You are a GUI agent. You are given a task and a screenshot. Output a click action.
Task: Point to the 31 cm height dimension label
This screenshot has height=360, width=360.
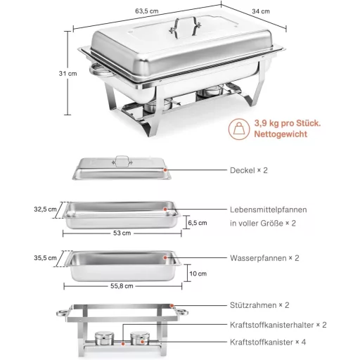[x=67, y=73]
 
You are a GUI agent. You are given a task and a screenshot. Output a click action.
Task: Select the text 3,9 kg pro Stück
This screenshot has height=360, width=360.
[x=288, y=123]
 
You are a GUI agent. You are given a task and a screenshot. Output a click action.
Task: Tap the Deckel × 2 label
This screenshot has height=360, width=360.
[x=249, y=170]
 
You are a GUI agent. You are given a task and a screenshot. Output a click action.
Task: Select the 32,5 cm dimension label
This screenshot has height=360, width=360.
[x=45, y=209]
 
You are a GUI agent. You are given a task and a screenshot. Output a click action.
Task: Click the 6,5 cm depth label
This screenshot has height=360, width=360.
[x=198, y=223]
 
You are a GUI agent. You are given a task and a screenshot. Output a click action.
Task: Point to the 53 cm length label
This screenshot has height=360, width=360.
[x=122, y=233]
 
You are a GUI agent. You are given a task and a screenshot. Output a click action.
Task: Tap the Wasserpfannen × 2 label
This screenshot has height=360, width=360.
[x=264, y=258]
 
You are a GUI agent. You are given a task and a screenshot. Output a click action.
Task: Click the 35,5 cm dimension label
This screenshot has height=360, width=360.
[x=45, y=258]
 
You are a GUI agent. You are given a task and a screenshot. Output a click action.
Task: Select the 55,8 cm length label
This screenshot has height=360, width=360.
[x=121, y=286]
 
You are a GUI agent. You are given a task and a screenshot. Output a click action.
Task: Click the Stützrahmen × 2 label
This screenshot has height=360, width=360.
[x=259, y=306]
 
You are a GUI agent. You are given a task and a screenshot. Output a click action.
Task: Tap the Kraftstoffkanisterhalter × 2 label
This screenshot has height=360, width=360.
[x=278, y=324]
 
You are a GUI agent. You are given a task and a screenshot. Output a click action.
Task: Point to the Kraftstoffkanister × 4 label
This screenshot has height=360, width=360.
[x=268, y=342]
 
